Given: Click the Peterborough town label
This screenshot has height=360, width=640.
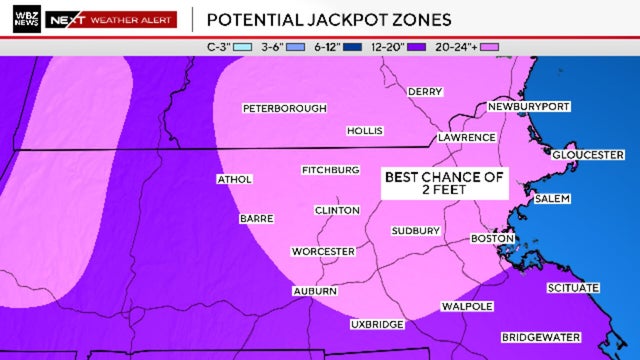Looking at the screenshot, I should pos(284,108).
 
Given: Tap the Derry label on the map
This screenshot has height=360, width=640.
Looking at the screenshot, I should pos(425,92).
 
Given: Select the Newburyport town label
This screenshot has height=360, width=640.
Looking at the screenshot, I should pos(528,107).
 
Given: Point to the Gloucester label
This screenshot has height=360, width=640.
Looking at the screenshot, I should pos(588,155).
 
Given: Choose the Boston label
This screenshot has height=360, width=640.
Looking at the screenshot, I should pos(492,239).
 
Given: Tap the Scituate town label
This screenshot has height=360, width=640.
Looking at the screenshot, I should pos(573,288).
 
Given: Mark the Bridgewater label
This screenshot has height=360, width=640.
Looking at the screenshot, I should pos(540,337).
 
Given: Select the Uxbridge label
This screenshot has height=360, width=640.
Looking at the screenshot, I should pos(377,325).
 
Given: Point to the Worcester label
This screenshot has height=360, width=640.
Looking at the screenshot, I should pos(323,251).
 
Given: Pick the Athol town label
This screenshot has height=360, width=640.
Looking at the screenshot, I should pos(234,180).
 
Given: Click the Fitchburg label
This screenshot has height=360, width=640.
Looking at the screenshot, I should pos(330,170).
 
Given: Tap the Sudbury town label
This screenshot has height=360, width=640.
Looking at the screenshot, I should pos(415,231).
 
